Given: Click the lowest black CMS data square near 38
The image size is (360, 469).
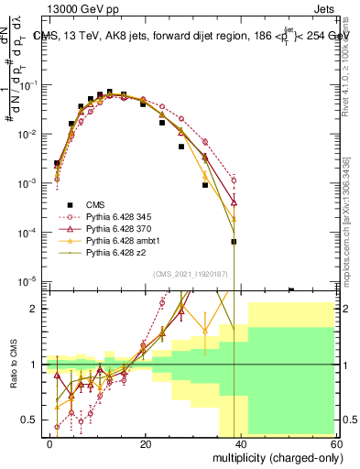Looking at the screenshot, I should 234,242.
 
